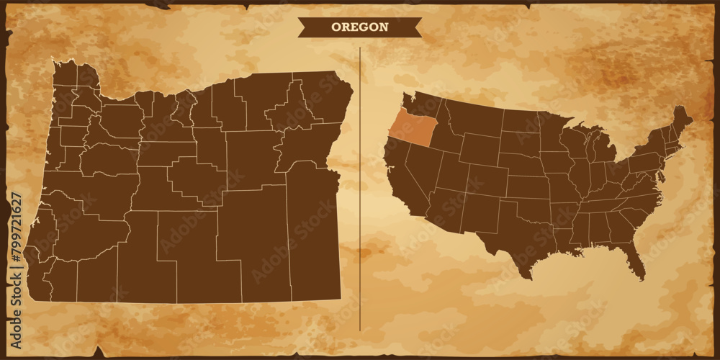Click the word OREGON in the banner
(359, 27)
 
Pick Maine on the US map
(680, 122)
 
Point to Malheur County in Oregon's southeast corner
(313, 238)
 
